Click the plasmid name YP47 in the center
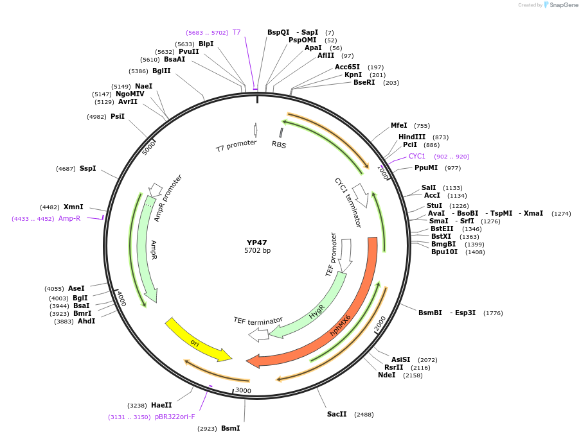click(257, 243)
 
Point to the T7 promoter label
click(236, 146)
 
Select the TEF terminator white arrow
click(258, 334)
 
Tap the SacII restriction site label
click(337, 415)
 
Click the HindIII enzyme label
click(411, 137)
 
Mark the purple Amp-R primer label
click(69, 219)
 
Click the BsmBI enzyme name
click(430, 313)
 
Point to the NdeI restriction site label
click(387, 375)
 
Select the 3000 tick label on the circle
click(243, 390)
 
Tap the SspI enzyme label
click(87, 169)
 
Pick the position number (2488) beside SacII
click(364, 415)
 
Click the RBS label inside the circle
click(279, 145)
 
